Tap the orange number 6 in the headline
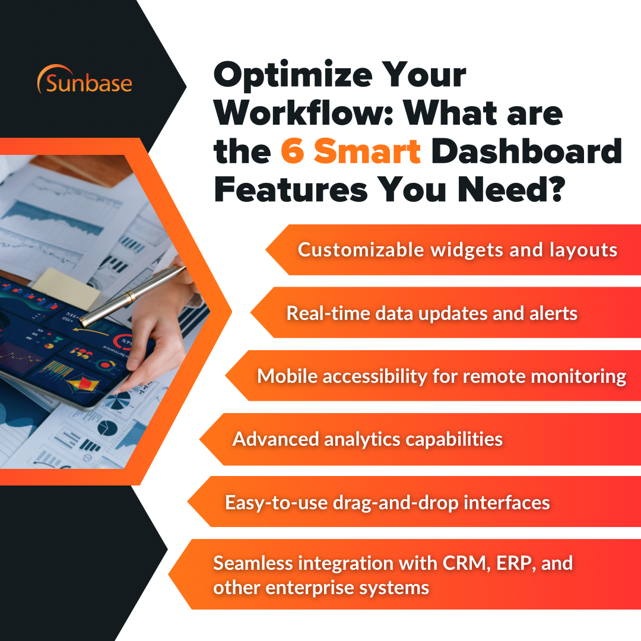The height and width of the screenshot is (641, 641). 292,152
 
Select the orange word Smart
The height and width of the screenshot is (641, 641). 367,152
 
